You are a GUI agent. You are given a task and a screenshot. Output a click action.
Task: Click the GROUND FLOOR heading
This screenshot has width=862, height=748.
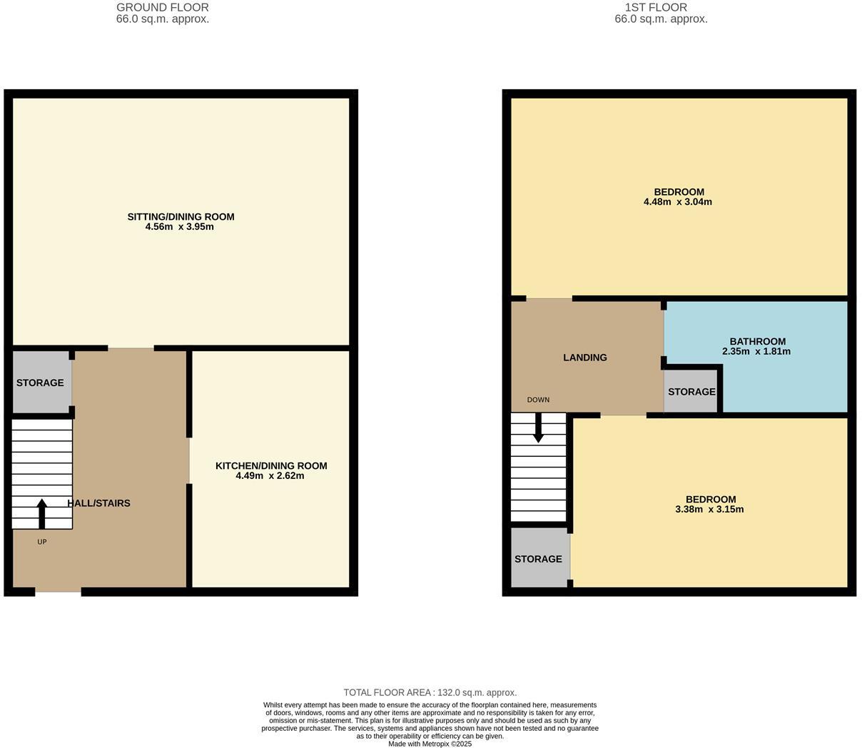(x=163, y=8)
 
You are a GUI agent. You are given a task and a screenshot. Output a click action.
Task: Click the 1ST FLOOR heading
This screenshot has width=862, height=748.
(x=656, y=8)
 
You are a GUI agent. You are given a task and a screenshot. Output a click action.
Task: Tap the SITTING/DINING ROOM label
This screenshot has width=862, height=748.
(x=181, y=217)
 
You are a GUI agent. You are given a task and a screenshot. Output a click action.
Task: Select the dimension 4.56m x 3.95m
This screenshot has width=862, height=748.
(x=180, y=227)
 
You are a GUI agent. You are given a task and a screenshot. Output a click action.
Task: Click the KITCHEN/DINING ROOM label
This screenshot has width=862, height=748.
(x=271, y=466)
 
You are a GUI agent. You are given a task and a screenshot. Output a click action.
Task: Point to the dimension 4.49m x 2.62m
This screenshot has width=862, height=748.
(x=270, y=476)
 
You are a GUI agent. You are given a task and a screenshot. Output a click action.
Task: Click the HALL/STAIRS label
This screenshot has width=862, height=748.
(x=99, y=503)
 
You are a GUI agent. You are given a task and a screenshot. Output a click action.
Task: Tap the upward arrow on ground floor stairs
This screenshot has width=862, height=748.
(x=42, y=513)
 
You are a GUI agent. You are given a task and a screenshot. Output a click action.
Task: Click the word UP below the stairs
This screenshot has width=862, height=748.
(x=42, y=542)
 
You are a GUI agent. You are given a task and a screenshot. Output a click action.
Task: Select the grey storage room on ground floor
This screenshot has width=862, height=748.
(x=41, y=383)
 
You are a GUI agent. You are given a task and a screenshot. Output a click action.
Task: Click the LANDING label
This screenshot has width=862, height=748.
(x=585, y=358)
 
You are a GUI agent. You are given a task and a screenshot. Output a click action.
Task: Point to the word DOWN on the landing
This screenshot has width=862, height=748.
(x=538, y=400)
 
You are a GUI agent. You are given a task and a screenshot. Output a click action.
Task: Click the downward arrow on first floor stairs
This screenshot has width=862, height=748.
(x=539, y=429)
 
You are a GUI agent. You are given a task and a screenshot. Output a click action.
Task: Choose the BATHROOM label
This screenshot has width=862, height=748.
(x=757, y=342)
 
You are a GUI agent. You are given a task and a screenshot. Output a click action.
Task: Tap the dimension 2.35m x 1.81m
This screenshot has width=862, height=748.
(x=756, y=352)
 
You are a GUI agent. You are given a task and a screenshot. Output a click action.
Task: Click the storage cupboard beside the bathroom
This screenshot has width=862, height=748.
(x=691, y=392)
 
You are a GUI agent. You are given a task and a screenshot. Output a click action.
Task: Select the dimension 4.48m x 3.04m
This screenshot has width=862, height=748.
(x=678, y=202)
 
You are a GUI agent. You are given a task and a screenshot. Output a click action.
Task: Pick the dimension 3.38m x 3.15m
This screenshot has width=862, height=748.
(x=709, y=510)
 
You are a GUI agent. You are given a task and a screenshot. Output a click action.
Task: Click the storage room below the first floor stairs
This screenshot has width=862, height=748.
(x=539, y=559)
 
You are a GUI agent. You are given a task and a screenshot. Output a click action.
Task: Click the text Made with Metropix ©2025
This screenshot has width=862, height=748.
(x=430, y=744)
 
